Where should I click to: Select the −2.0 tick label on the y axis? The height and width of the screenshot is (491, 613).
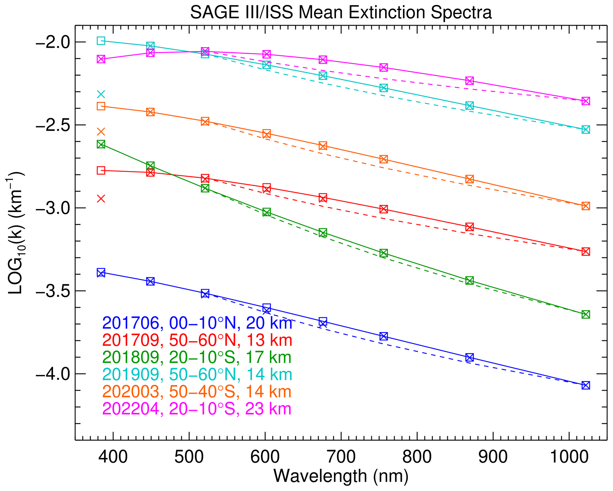click(x=52, y=42)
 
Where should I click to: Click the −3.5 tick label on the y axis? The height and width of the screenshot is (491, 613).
click(x=52, y=291)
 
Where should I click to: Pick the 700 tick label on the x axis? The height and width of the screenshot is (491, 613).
click(x=341, y=457)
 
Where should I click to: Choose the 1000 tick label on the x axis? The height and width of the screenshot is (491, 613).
click(x=569, y=457)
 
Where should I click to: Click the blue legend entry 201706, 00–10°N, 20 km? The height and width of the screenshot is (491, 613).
click(x=197, y=323)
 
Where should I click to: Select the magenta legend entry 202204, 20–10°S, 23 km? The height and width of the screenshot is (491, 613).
click(x=197, y=409)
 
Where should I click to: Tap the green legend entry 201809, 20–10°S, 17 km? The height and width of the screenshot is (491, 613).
click(x=197, y=357)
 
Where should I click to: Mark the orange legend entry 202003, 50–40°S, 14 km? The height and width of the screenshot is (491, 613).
click(x=197, y=392)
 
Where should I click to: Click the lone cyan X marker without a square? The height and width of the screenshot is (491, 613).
click(x=101, y=95)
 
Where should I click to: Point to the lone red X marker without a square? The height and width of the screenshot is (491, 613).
click(x=101, y=199)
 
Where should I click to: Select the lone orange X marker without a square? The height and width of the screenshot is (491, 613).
click(x=101, y=131)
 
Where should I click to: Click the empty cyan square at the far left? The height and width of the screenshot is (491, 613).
click(x=101, y=41)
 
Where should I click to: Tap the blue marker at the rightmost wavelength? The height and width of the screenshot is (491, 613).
click(x=585, y=385)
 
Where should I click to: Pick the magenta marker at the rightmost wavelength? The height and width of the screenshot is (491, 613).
click(x=585, y=101)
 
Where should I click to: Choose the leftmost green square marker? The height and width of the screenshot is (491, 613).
click(x=101, y=144)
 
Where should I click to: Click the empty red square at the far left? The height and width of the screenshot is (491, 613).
click(x=101, y=170)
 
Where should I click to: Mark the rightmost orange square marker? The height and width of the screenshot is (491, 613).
click(x=585, y=206)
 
